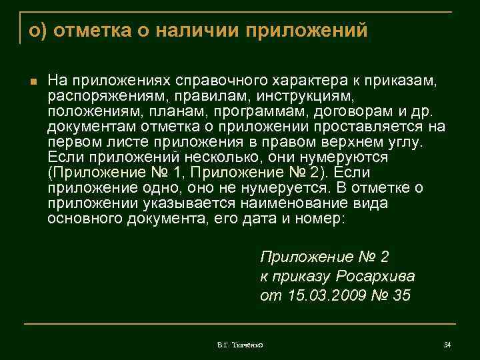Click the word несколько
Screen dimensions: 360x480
pos(217,157)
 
